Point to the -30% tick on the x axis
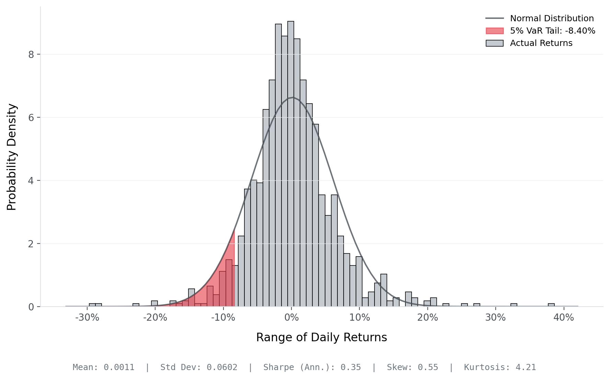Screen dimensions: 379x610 click(x=87, y=318)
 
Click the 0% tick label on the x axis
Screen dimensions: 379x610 click(x=291, y=318)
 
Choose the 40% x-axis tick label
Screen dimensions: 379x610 click(x=563, y=318)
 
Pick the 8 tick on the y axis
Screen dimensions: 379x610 click(x=31, y=55)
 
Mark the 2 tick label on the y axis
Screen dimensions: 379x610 click(x=31, y=244)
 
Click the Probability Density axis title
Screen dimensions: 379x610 click(x=12, y=157)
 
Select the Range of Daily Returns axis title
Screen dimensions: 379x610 click(x=321, y=337)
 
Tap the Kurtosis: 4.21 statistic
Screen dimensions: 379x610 click(x=500, y=367)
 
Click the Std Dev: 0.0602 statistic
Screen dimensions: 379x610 click(x=199, y=367)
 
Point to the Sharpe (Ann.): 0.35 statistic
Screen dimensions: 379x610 click(x=312, y=367)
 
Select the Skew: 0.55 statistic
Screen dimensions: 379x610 click(x=412, y=367)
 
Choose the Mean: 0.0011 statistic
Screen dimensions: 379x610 click(x=103, y=367)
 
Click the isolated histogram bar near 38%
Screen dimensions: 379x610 click(x=551, y=305)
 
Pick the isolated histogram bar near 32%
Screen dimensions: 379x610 click(x=514, y=305)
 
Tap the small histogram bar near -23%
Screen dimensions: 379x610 click(x=136, y=305)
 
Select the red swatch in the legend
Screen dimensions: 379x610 click(x=494, y=31)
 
